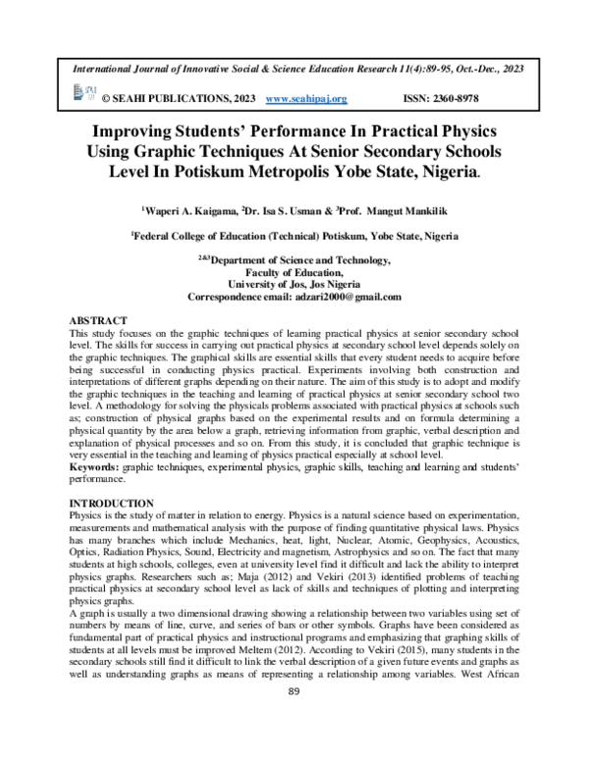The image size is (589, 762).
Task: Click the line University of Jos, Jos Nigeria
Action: [294, 285]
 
